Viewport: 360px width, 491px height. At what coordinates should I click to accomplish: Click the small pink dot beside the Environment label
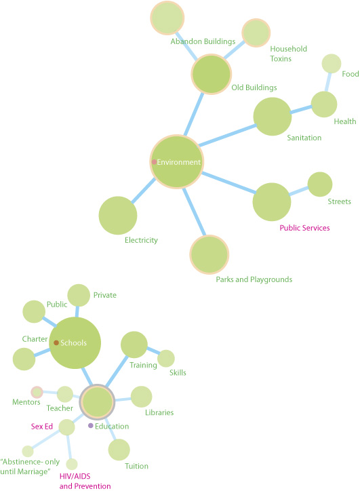pyautogui.click(x=154, y=162)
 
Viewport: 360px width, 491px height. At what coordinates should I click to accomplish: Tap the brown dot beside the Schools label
pyautogui.click(x=56, y=342)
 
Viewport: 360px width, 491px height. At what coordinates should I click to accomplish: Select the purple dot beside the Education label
pyautogui.click(x=91, y=425)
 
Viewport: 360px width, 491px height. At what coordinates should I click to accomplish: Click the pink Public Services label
pyautogui.click(x=304, y=228)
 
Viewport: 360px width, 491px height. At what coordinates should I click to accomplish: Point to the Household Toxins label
pyautogui.click(x=288, y=54)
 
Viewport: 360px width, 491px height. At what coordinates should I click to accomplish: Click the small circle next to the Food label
pyautogui.click(x=332, y=64)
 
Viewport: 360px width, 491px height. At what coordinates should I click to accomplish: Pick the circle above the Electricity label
pyautogui.click(x=118, y=216)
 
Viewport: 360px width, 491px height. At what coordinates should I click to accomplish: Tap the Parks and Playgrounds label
pyautogui.click(x=254, y=279)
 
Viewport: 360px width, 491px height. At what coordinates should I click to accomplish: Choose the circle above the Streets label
pyautogui.click(x=319, y=184)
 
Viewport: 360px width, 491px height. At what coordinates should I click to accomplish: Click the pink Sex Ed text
pyautogui.click(x=42, y=426)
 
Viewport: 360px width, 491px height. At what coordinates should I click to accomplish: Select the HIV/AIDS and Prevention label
pyautogui.click(x=85, y=481)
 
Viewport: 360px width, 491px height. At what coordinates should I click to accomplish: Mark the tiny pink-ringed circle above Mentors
pyautogui.click(x=37, y=392)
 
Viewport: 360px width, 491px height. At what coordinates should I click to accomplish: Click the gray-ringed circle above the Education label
pyautogui.click(x=97, y=401)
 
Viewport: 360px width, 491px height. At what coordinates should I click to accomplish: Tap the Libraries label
pyautogui.click(x=159, y=412)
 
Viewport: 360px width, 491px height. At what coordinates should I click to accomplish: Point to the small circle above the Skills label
pyautogui.click(x=166, y=359)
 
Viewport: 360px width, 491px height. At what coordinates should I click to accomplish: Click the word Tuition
pyautogui.click(x=136, y=466)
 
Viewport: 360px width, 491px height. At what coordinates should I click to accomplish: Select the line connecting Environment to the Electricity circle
pyautogui.click(x=143, y=191)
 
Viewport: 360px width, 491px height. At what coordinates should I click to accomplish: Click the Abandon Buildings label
pyautogui.click(x=203, y=41)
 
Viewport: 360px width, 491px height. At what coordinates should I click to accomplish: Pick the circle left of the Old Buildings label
pyautogui.click(x=212, y=74)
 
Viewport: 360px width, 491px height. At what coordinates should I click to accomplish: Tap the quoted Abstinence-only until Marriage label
pyautogui.click(x=30, y=467)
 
